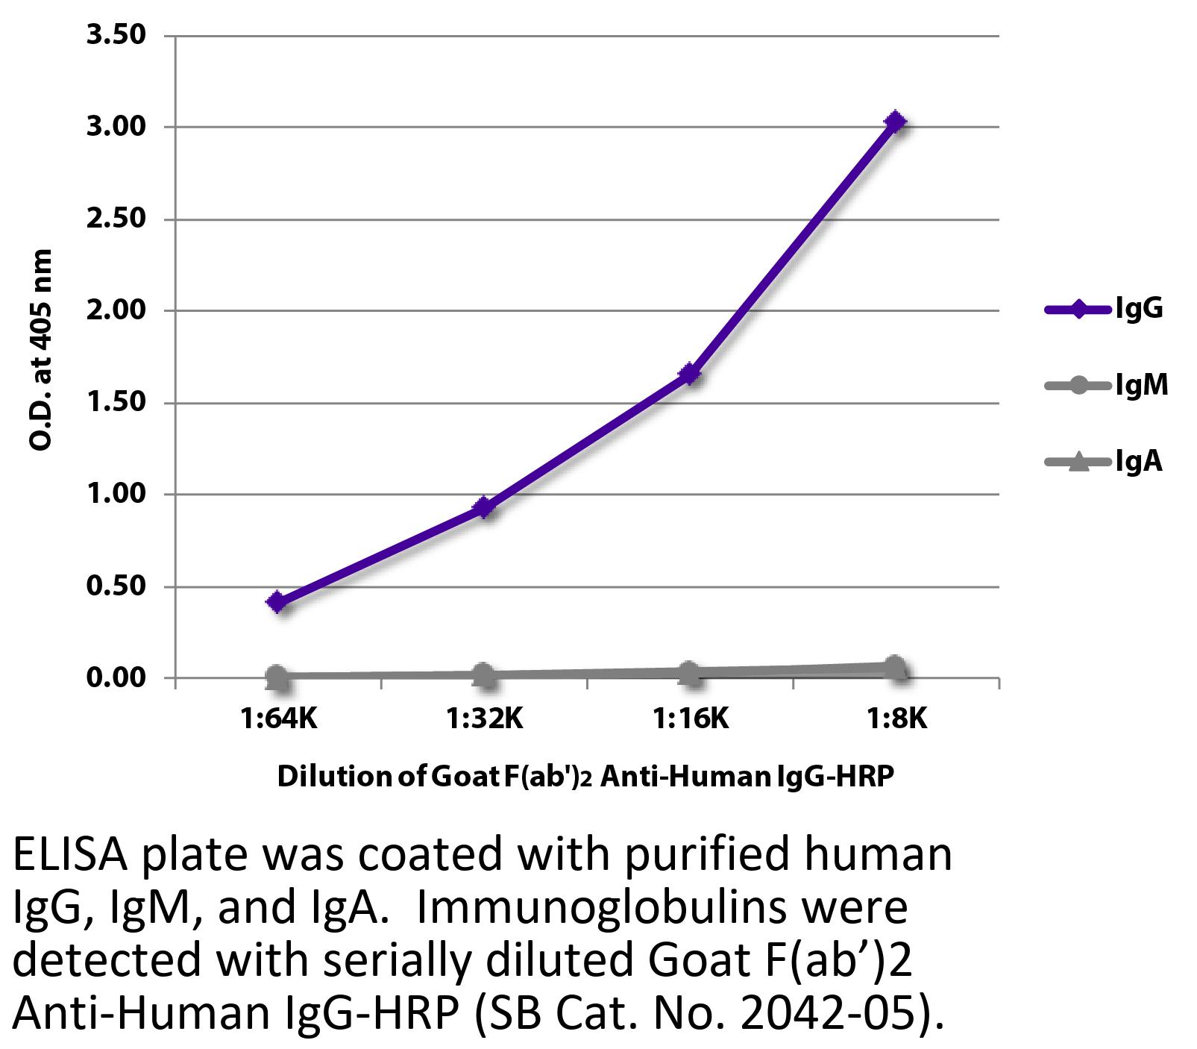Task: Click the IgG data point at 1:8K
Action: [x=896, y=122]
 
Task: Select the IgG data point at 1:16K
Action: [x=690, y=374]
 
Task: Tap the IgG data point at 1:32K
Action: [x=484, y=508]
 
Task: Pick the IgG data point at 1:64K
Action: [x=277, y=602]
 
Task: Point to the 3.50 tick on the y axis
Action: [x=116, y=35]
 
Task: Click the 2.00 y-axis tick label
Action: [x=116, y=310]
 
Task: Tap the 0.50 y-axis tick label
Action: [x=116, y=586]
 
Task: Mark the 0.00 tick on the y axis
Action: [x=116, y=678]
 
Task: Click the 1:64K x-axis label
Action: [x=277, y=718]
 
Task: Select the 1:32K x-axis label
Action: [x=484, y=718]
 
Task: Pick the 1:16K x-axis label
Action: [x=690, y=718]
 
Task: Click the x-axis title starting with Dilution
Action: [x=585, y=777]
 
